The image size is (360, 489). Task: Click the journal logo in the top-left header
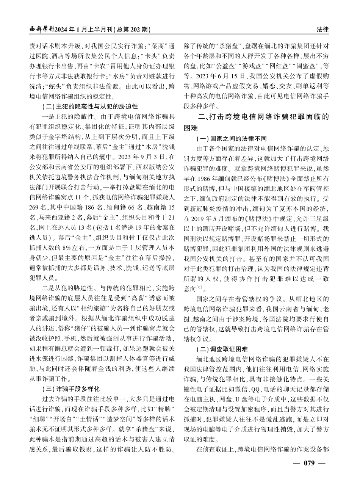click(42, 29)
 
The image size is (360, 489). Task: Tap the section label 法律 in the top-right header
click(322, 29)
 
